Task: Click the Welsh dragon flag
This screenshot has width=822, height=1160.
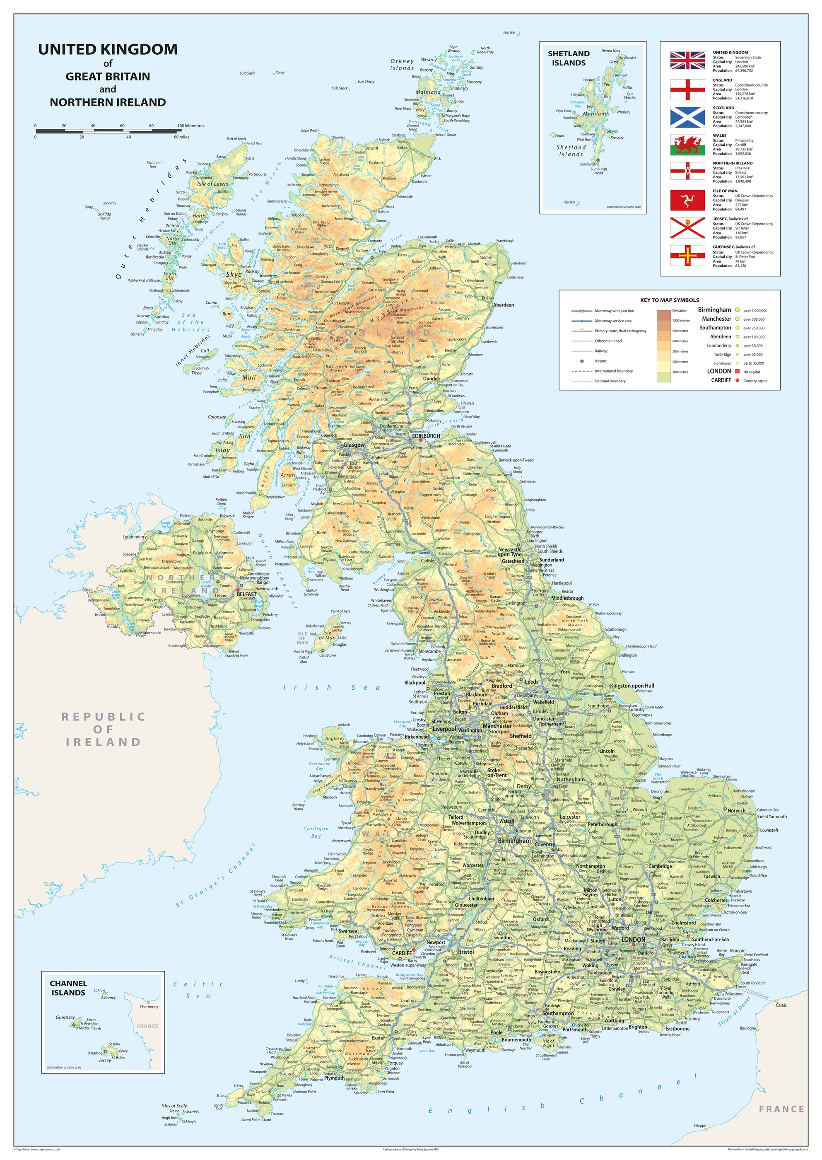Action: (x=687, y=145)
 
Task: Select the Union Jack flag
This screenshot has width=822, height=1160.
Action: (x=687, y=60)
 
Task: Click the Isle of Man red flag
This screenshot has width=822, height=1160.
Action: (x=687, y=201)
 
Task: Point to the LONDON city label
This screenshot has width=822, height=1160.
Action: (x=633, y=939)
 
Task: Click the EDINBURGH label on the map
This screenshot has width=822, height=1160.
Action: (x=426, y=435)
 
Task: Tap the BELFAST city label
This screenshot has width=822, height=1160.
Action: (x=246, y=594)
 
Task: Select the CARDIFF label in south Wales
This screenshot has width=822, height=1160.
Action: (x=403, y=953)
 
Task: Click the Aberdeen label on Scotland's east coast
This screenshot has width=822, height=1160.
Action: (x=503, y=305)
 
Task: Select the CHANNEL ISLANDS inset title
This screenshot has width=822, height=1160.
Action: (x=68, y=988)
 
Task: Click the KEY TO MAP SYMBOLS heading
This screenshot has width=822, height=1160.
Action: (x=669, y=300)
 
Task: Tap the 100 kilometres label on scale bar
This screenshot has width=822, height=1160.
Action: (x=191, y=126)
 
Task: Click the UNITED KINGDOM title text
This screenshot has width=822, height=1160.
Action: (x=108, y=50)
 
